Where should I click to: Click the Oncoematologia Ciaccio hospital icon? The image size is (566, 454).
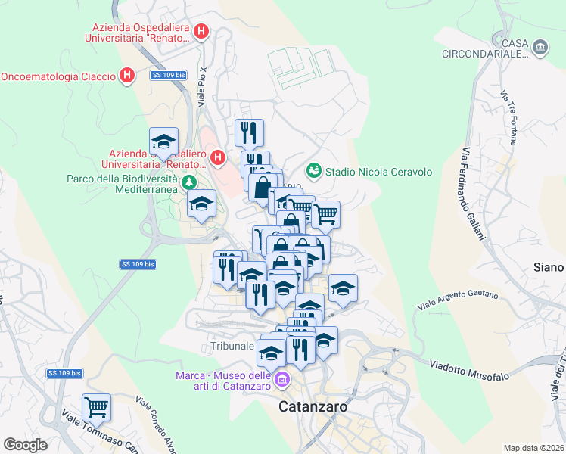click(x=127, y=76)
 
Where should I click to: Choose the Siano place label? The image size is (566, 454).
click(x=548, y=267)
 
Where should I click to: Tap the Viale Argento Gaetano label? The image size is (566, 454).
click(x=457, y=300)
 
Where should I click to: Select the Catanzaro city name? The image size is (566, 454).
click(x=313, y=406)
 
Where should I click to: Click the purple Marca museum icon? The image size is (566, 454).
click(x=281, y=379)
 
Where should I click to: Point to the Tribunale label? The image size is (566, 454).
click(x=232, y=346)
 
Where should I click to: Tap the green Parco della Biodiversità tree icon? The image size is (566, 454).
click(x=188, y=182)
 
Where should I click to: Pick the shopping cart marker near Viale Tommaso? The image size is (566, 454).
click(x=96, y=407)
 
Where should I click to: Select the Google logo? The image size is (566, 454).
click(x=25, y=445)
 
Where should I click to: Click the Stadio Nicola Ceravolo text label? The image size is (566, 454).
click(x=379, y=172)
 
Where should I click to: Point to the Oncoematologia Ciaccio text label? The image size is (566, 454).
click(x=58, y=76)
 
